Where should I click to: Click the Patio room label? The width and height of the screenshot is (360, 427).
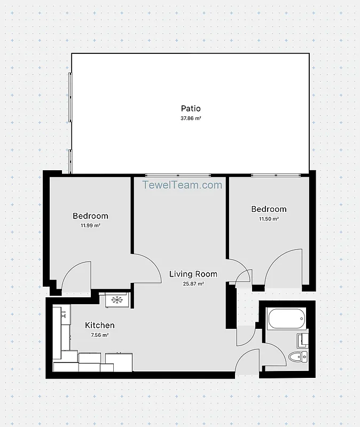pos(191,109)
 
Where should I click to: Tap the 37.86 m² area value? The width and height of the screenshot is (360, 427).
pos(191,118)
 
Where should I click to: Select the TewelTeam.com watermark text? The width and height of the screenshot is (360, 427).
pos(182,185)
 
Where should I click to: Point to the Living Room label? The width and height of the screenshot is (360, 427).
pos(193,274)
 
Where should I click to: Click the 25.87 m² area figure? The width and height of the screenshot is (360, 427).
pos(193,284)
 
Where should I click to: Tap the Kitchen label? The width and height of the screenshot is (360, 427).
pos(100,325)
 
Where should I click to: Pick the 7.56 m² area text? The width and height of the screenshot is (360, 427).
pos(100,335)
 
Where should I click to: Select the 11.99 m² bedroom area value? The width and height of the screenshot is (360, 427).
pos(90,226)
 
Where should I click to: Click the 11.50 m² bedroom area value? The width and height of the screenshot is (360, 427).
pos(269,219)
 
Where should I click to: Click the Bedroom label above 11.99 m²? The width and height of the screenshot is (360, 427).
pos(90,216)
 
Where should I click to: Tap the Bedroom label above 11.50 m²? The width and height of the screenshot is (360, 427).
pos(269,209)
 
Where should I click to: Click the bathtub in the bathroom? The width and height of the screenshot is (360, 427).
pos(286,319)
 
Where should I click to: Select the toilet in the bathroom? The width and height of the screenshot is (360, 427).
pos(297,357)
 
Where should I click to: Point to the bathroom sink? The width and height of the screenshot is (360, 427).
pos(303,340)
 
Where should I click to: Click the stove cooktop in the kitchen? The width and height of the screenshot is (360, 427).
pos(116,299)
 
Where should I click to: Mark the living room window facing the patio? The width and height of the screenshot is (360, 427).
pos(178,175)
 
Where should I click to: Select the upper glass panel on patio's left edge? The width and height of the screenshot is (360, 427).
pos(69,96)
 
